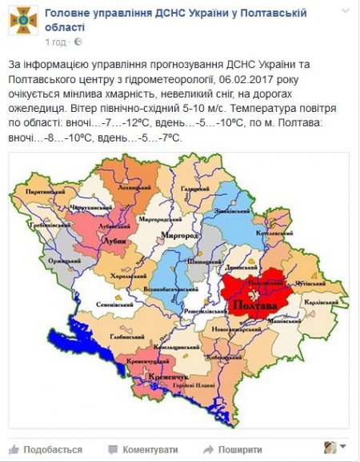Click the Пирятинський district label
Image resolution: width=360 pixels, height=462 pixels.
click(x=41, y=193)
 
